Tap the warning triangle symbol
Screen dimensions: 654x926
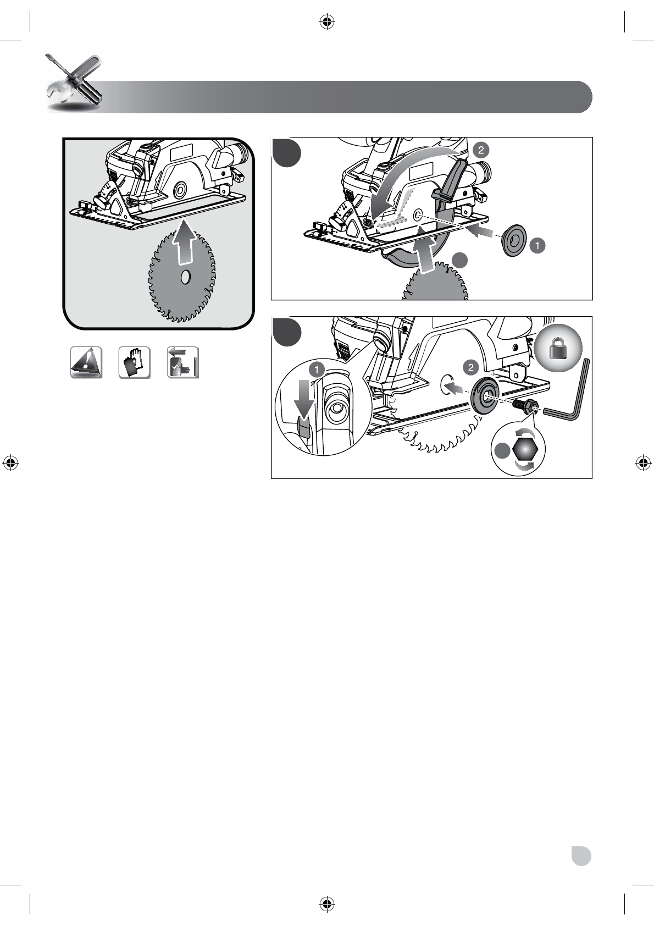point(86,362)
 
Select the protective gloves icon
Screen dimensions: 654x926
point(135,362)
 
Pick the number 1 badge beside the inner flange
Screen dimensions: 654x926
point(537,246)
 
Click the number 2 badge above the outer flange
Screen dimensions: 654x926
point(472,366)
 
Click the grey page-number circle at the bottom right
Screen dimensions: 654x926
point(581,857)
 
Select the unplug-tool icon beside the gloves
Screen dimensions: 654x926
point(183,362)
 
